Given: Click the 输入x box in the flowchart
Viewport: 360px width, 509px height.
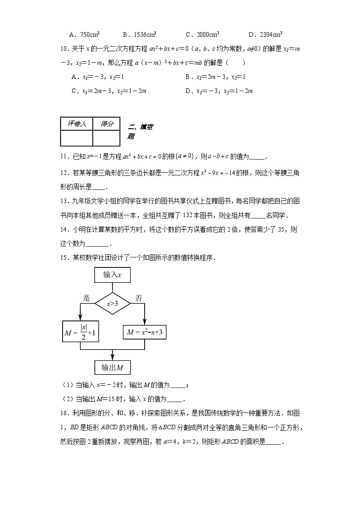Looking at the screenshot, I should pos(112,275).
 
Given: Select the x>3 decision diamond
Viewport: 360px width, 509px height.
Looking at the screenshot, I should pos(112,304).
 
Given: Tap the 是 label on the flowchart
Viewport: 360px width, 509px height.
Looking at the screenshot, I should pos(87,298).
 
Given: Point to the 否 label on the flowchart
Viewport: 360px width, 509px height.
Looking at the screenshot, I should pos(139,298).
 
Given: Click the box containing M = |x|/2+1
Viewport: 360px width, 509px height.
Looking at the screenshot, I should pos(81,333).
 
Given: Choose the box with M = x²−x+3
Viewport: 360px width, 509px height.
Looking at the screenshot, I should pos(145,333).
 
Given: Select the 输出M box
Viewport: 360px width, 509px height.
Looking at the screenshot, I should pos(112,367).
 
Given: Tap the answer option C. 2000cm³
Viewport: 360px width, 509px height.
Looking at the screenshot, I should pos(203,34).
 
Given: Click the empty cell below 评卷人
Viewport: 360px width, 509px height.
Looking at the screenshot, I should pos(76,138).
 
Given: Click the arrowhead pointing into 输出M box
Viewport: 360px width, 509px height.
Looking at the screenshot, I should pos(112,358).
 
